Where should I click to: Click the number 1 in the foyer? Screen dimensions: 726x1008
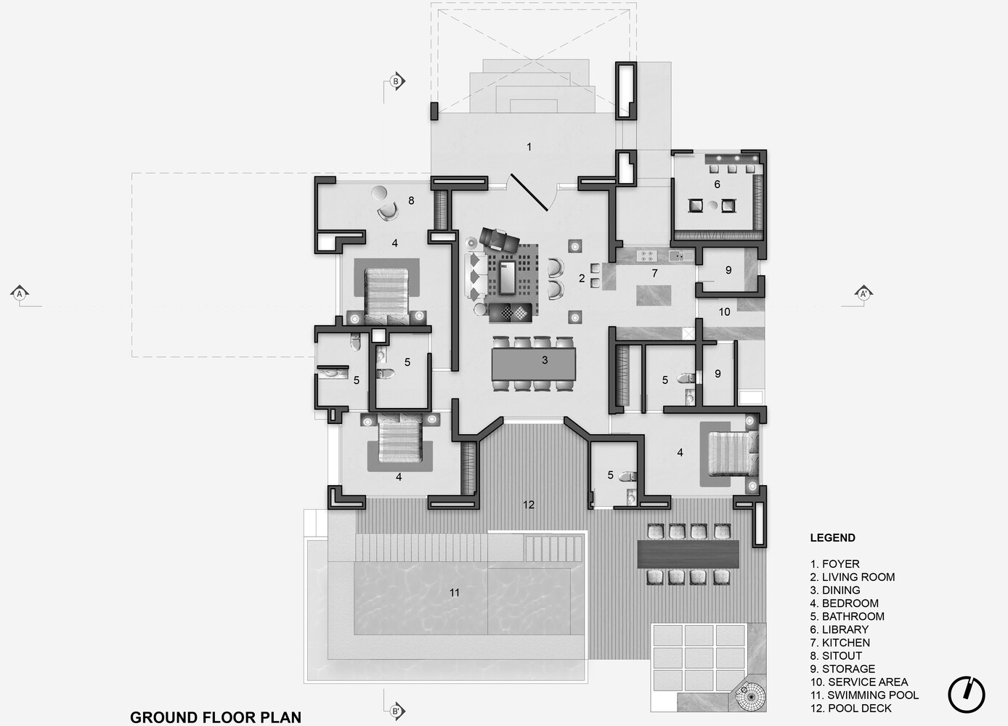[x=529, y=147]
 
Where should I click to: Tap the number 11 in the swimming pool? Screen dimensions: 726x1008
[x=455, y=593]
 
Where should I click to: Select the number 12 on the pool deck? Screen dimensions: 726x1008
[x=529, y=505]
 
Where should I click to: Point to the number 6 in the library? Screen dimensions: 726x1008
[x=717, y=184]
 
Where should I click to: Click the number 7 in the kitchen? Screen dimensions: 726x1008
[x=654, y=274]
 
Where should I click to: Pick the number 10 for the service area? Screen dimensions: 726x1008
[x=724, y=312]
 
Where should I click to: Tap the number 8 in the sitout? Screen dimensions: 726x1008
[x=411, y=200]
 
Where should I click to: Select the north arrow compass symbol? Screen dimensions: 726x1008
[x=967, y=694]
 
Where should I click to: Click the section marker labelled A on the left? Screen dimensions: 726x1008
[x=20, y=294]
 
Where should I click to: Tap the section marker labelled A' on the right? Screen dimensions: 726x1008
[x=863, y=294]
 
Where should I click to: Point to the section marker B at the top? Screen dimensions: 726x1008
[x=396, y=81]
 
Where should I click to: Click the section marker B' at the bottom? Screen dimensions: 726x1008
[x=397, y=711]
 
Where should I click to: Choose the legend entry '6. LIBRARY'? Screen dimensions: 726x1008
[x=840, y=629]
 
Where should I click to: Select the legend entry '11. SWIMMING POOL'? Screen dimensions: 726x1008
[x=864, y=695]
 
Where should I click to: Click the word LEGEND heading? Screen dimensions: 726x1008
[x=832, y=538]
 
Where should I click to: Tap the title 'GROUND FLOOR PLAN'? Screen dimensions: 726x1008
[x=216, y=717]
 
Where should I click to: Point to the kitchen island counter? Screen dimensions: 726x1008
[x=656, y=295]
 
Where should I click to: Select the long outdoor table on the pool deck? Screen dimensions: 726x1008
[x=688, y=554]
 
